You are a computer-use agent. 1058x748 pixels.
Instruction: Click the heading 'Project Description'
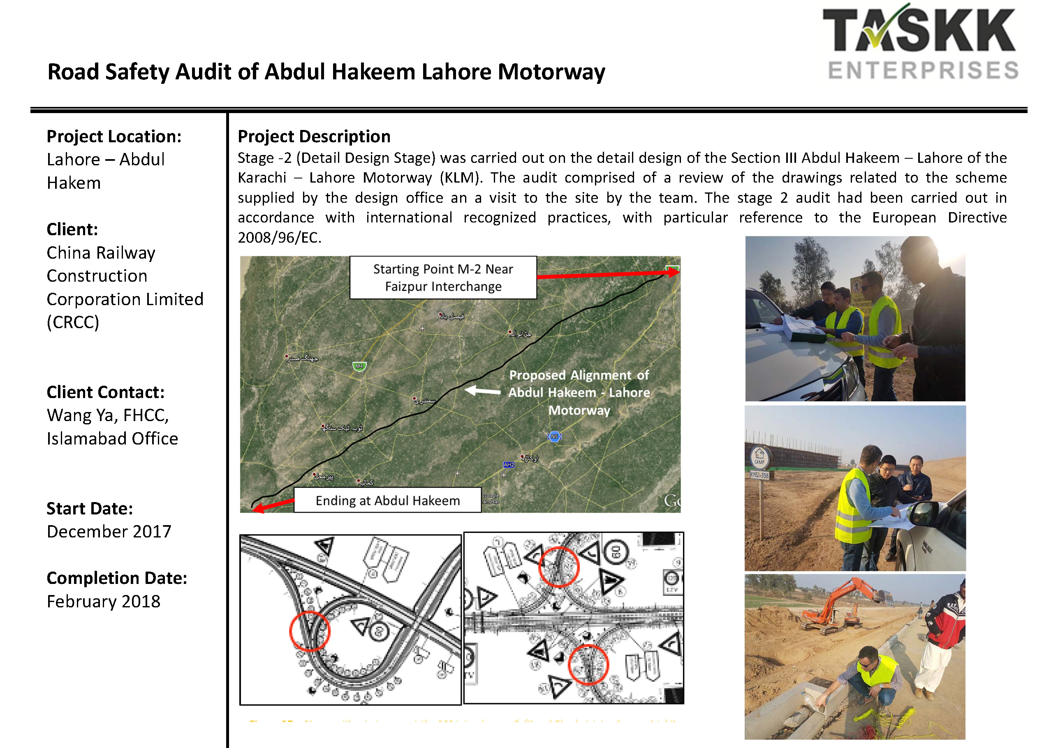[314, 137]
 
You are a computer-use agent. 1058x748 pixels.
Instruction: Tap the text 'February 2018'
[104, 602]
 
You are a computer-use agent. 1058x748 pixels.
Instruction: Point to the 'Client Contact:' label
[106, 392]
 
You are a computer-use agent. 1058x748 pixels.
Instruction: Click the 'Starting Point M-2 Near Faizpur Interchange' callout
[443, 278]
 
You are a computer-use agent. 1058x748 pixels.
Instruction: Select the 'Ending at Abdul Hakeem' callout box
[387, 500]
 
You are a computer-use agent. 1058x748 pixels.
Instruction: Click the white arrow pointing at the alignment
[482, 391]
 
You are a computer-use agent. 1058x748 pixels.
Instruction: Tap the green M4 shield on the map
[359, 366]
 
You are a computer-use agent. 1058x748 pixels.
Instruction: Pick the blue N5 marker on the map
[554, 436]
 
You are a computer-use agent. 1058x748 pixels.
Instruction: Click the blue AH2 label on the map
[509, 465]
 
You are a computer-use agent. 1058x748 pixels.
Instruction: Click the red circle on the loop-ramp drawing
[310, 631]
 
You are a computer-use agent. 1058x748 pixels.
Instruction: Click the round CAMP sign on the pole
[759, 458]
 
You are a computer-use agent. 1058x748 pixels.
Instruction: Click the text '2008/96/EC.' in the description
[279, 238]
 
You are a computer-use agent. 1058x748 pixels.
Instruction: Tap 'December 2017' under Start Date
[109, 531]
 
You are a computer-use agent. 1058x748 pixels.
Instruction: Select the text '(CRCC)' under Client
[73, 322]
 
